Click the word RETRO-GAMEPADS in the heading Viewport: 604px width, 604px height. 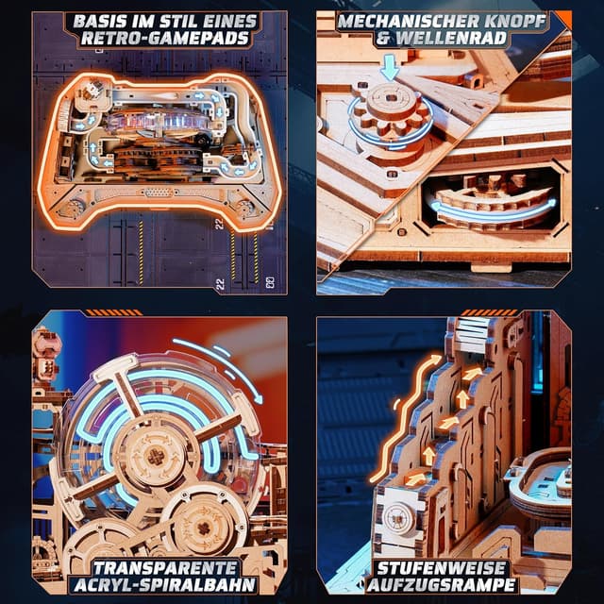click(x=165, y=39)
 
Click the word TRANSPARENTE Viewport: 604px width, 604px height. click(x=165, y=568)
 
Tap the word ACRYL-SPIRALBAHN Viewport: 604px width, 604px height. click(x=165, y=585)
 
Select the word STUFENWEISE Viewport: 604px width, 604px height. click(x=442, y=568)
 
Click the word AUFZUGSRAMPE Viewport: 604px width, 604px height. click(x=442, y=585)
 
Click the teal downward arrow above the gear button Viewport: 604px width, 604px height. click(x=390, y=67)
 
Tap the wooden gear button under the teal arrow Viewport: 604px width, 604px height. click(x=389, y=109)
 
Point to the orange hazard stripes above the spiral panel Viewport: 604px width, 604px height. click(x=114, y=312)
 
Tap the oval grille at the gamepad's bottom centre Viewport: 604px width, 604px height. click(x=159, y=192)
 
